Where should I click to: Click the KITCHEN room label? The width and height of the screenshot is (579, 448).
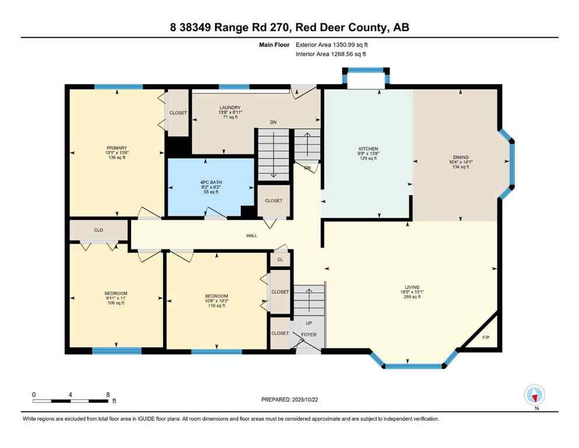pyautogui.click(x=369, y=149)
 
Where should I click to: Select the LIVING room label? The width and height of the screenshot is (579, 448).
pyautogui.click(x=412, y=287)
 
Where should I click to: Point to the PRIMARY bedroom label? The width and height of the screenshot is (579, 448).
pyautogui.click(x=117, y=148)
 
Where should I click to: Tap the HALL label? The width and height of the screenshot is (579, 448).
pyautogui.click(x=251, y=235)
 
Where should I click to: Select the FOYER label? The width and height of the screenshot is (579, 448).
pyautogui.click(x=309, y=335)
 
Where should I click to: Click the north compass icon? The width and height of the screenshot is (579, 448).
pyautogui.click(x=535, y=395)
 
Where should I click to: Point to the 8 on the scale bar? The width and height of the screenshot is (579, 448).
pyautogui.click(x=108, y=394)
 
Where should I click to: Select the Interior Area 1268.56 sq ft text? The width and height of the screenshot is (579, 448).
pyautogui.click(x=331, y=54)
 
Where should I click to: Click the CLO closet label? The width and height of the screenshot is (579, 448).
pyautogui.click(x=99, y=230)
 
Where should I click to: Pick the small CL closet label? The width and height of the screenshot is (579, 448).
pyautogui.click(x=280, y=260)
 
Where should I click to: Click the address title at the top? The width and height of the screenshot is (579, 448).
pyautogui.click(x=289, y=27)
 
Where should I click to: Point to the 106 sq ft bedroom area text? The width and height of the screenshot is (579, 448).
pyautogui.click(x=117, y=303)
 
